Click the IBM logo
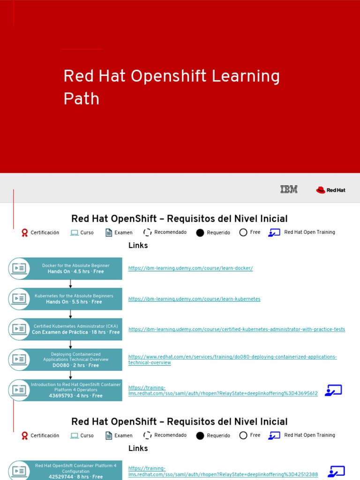coord(289,189)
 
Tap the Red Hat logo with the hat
coord(330,190)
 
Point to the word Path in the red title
coord(82,99)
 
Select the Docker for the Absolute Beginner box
coord(75,269)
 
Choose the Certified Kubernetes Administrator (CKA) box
coord(75,329)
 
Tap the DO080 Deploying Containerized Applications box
coord(75,360)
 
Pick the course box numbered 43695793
coord(75,390)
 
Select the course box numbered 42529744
coord(75,471)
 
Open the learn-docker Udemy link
coord(191,269)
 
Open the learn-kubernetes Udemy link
coord(195,299)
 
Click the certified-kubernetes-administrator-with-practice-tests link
coord(237,330)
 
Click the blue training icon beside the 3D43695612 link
coord(334,390)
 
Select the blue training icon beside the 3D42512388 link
coord(337,471)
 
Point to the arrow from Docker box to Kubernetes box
coord(71,284)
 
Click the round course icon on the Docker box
coord(19,269)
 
